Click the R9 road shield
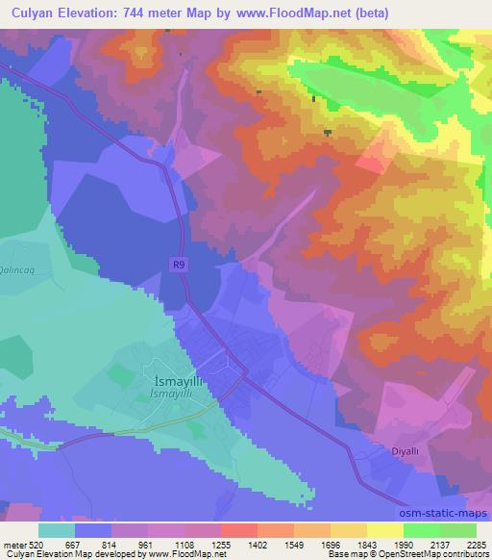pyautogui.click(x=179, y=262)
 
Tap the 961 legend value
pyautogui.click(x=148, y=545)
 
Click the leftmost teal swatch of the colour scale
pyautogui.click(x=57, y=530)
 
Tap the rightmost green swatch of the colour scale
pyautogui.click(x=457, y=530)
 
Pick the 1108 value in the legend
pyautogui.click(x=184, y=545)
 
